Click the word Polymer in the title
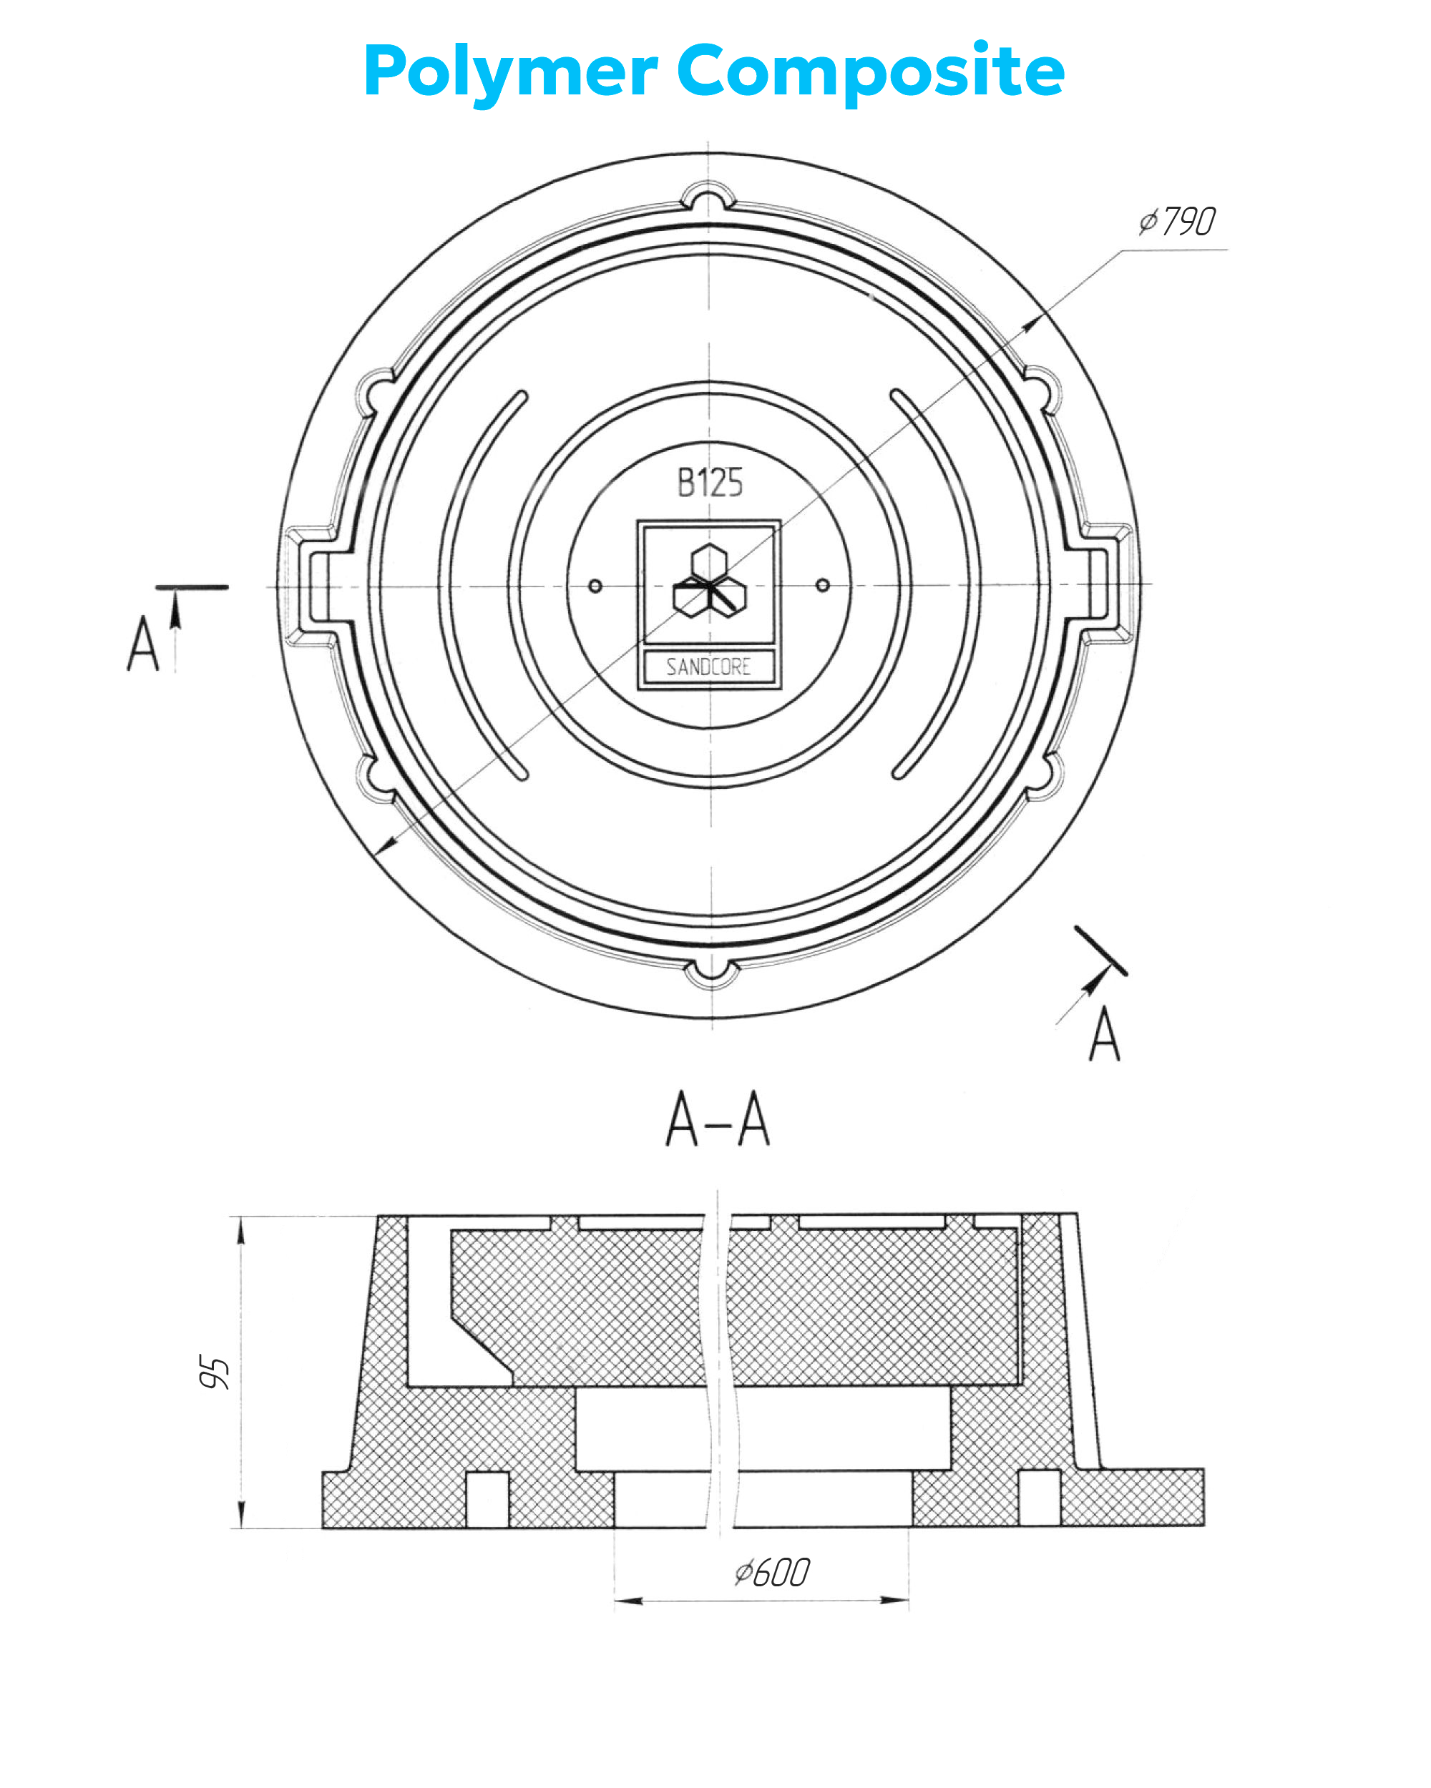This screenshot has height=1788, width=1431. [x=510, y=73]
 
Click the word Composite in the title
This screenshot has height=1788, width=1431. [x=871, y=73]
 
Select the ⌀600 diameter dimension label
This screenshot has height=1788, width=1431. [x=771, y=1573]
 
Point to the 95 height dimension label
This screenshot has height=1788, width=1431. [x=213, y=1372]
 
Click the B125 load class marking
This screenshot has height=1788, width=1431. [x=710, y=483]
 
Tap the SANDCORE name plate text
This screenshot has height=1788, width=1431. [x=708, y=667]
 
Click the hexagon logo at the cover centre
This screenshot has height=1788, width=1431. [x=709, y=581]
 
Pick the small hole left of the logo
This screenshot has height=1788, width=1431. [x=595, y=586]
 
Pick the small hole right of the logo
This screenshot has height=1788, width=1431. [x=822, y=586]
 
